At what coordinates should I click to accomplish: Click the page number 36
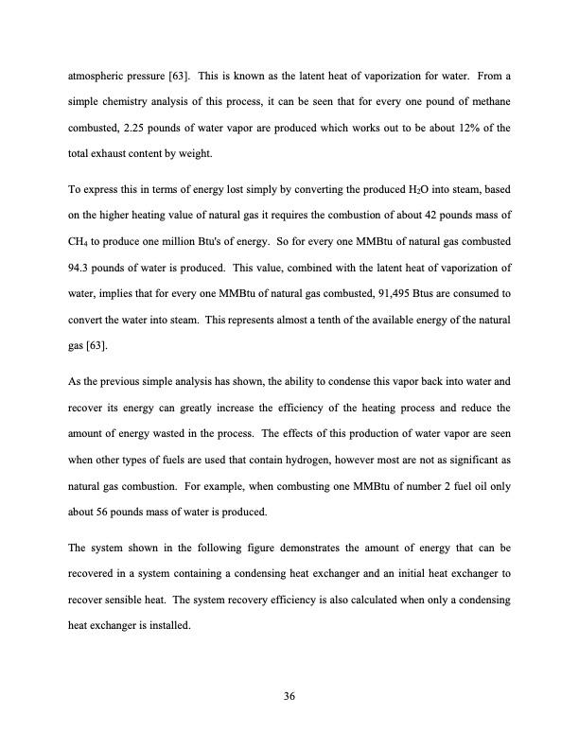point(289,697)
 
